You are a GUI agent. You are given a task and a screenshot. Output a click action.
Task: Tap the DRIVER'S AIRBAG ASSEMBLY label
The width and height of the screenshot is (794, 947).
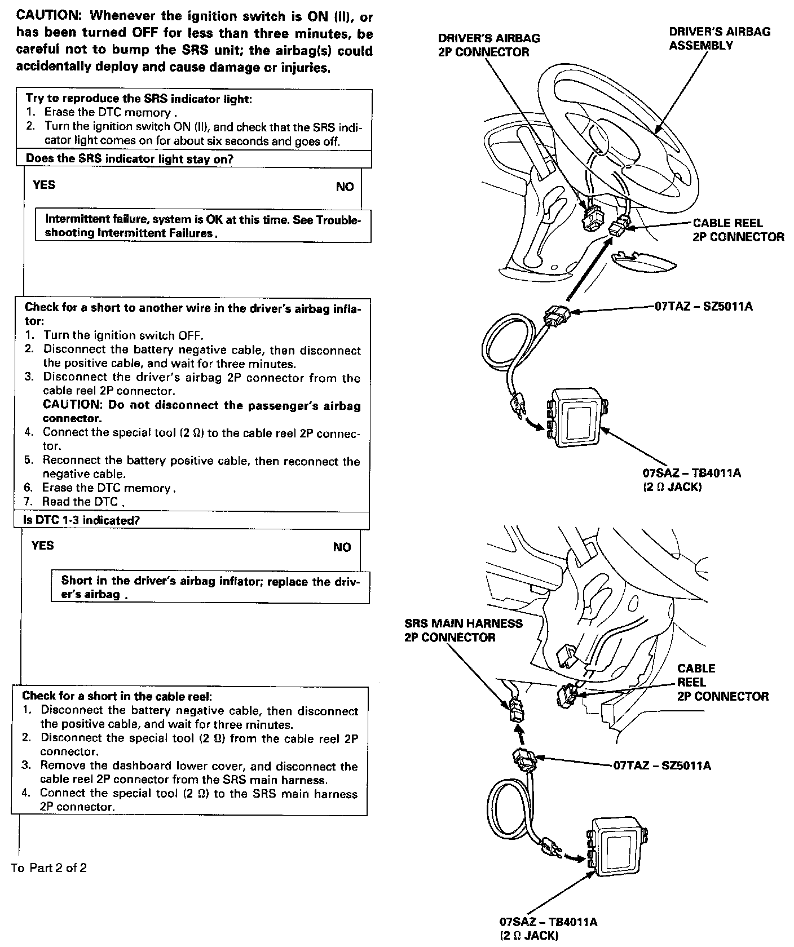pyautogui.click(x=719, y=38)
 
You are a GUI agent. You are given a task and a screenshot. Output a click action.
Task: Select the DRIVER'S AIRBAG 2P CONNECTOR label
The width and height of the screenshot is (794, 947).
pyautogui.click(x=488, y=45)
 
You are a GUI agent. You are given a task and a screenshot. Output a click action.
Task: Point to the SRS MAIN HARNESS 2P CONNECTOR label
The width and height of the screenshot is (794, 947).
pyautogui.click(x=464, y=630)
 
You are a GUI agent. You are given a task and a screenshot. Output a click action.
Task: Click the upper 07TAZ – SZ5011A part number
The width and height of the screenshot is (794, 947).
pyautogui.click(x=703, y=307)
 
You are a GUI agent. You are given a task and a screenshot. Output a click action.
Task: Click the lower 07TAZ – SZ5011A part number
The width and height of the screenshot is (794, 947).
pyautogui.click(x=661, y=765)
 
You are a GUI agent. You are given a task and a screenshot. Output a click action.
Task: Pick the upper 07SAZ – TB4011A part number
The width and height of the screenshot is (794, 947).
pyautogui.click(x=691, y=472)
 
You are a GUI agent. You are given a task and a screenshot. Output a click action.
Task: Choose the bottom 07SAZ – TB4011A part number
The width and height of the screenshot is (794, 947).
pyautogui.click(x=548, y=922)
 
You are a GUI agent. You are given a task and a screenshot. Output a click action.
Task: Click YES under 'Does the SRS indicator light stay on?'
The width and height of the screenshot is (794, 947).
pyautogui.click(x=44, y=185)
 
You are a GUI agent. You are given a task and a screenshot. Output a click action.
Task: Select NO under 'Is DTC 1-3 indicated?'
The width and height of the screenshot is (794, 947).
pyautogui.click(x=342, y=547)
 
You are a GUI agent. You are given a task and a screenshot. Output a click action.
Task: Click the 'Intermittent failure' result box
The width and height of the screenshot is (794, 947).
pyautogui.click(x=203, y=226)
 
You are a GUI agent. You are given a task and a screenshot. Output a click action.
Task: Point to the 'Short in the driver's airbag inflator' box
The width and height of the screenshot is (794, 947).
pyautogui.click(x=210, y=587)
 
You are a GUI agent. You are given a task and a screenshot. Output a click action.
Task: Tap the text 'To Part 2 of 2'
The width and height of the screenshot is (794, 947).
pyautogui.click(x=49, y=868)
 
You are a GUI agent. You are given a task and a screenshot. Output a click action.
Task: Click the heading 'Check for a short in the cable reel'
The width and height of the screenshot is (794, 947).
pyautogui.click(x=117, y=696)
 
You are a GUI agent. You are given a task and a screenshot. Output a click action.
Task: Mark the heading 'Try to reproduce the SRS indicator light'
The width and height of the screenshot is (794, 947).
pyautogui.click(x=139, y=99)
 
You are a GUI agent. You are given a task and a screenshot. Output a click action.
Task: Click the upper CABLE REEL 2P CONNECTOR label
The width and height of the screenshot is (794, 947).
pyautogui.click(x=738, y=230)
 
